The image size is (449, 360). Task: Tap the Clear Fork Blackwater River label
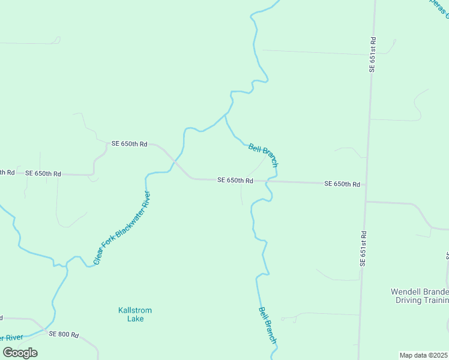tap(122, 229)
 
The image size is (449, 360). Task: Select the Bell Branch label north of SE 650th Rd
tap(263, 155)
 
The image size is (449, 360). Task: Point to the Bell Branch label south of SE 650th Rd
tap(268, 325)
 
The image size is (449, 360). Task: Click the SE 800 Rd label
tap(64, 334)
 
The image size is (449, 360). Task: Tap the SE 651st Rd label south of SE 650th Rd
tap(363, 248)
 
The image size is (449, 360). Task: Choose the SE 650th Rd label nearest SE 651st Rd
tap(342, 184)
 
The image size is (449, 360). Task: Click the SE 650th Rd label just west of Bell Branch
tap(235, 180)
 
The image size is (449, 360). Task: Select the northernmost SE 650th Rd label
tap(129, 144)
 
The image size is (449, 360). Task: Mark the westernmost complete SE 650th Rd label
tap(43, 173)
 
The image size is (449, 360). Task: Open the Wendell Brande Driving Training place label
tap(420, 296)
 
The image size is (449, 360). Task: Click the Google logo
tap(20, 352)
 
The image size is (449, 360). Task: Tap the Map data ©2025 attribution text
tap(424, 355)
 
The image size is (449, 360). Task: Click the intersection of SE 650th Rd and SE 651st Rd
tap(366, 184)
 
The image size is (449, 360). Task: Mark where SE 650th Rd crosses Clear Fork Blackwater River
tap(173, 162)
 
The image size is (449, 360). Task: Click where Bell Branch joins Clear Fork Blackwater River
tap(226, 114)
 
